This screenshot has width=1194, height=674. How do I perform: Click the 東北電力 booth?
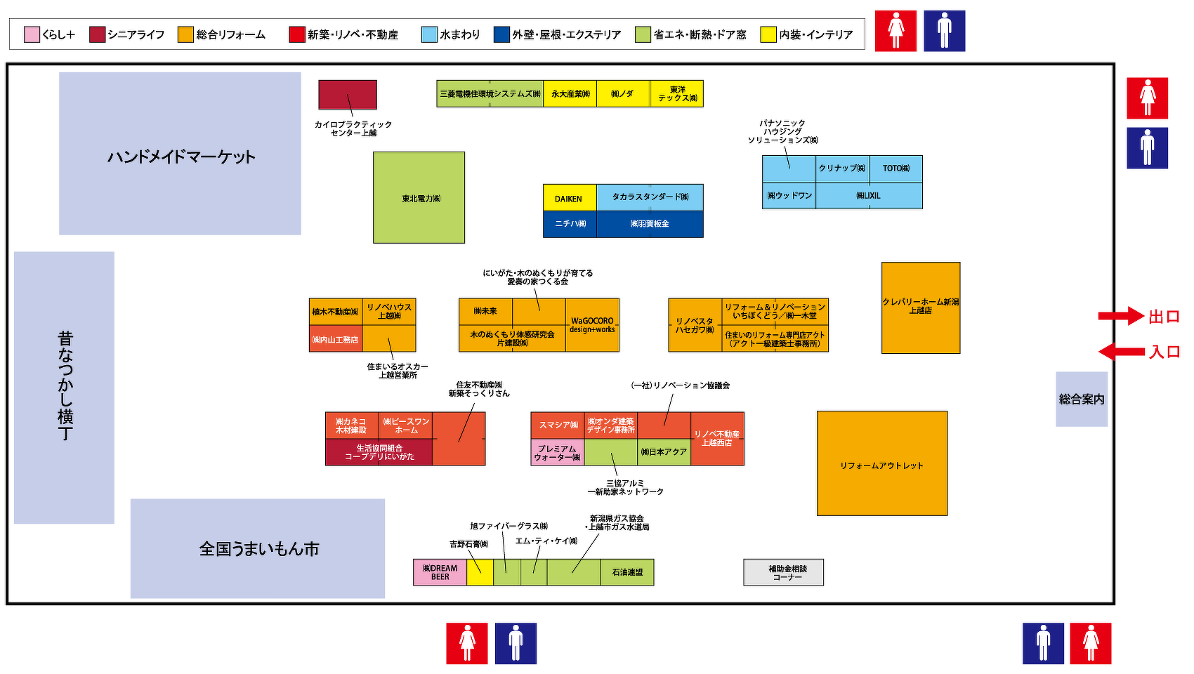tap(419, 197)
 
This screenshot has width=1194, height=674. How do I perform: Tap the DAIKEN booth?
tap(569, 198)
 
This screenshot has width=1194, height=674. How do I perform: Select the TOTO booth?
tap(895, 168)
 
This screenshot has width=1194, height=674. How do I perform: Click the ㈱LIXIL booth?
tap(868, 196)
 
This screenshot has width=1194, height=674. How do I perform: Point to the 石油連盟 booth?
tap(627, 572)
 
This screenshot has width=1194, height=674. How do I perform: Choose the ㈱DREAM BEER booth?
tap(440, 572)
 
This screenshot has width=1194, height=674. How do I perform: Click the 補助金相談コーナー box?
tap(783, 572)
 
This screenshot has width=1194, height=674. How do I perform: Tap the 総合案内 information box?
tap(1082, 399)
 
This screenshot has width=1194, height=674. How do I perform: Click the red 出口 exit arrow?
tap(1121, 316)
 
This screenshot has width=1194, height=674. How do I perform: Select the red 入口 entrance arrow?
tap(1121, 351)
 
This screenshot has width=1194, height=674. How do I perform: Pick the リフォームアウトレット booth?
tap(881, 464)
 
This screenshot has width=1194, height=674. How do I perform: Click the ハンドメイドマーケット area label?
tap(181, 156)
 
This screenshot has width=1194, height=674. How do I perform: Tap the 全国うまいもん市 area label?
tap(258, 548)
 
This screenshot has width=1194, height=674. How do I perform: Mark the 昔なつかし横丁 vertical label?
tap(65, 386)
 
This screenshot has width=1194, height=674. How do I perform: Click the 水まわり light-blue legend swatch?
tap(429, 34)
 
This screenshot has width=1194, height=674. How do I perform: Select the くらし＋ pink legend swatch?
tap(32, 34)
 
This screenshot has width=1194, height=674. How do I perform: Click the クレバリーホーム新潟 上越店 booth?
tap(920, 307)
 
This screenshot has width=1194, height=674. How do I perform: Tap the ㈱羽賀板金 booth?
tap(650, 224)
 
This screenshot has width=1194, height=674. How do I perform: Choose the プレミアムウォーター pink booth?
tap(557, 453)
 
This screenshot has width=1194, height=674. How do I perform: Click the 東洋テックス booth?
tap(676, 93)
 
